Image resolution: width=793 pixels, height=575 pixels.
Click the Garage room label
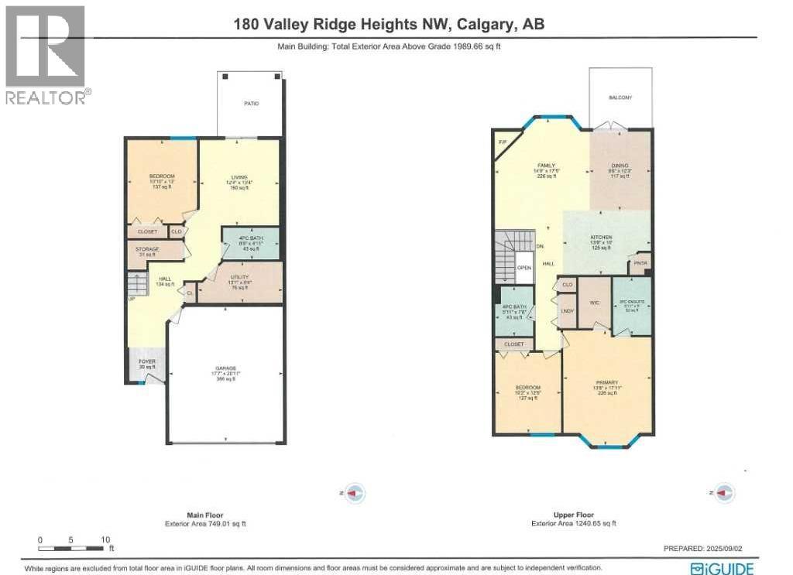point(225,368)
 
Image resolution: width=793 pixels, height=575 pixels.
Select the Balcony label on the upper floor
point(620,98)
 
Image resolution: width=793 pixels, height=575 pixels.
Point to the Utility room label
point(238,277)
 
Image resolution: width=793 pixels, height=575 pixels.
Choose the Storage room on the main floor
point(149,249)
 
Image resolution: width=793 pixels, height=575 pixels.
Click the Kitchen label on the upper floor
point(601,238)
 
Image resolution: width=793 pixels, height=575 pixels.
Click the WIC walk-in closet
point(595,303)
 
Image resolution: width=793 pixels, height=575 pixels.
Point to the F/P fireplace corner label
point(503,142)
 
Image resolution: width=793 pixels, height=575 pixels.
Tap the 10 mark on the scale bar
point(105,539)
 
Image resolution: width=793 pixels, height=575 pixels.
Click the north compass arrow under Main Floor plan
point(354,493)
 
